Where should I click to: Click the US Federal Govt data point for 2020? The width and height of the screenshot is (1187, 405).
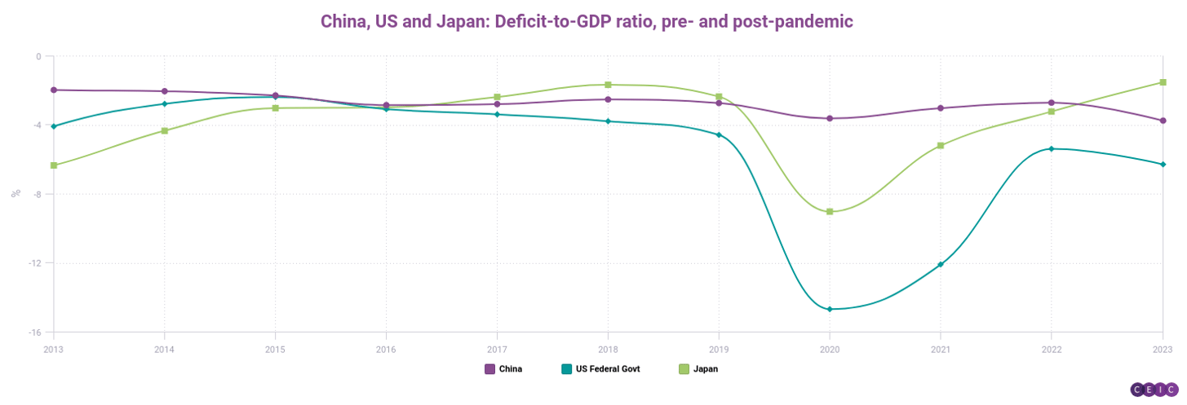click(830, 309)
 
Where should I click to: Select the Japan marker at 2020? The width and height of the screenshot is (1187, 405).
click(830, 211)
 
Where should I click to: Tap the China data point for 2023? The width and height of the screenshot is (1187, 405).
click(1163, 121)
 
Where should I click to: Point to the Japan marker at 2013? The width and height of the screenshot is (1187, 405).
click(54, 165)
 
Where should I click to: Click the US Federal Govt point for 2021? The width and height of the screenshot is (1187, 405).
click(941, 264)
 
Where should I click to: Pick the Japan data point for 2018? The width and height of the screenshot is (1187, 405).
click(608, 85)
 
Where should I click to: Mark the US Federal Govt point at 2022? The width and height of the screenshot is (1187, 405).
click(1052, 148)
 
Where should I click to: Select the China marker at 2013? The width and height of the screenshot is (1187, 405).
click(54, 90)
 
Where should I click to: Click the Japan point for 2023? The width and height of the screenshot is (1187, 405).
click(1163, 82)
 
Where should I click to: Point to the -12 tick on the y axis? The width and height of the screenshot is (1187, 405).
click(36, 263)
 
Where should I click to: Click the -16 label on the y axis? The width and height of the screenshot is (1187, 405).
click(36, 332)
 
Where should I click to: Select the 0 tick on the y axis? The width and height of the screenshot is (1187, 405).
click(38, 56)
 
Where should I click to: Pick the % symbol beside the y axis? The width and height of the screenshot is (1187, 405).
click(15, 194)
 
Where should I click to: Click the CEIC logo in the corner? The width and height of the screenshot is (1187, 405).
click(1154, 390)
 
